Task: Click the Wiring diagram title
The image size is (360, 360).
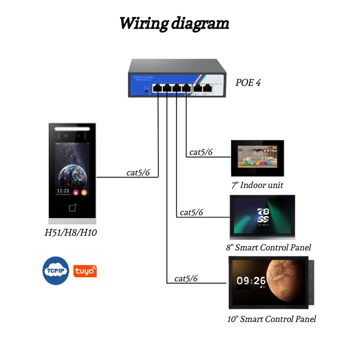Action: click(x=174, y=23)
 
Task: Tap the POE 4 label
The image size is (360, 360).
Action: click(x=248, y=82)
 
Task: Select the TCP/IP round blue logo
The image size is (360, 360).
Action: click(x=55, y=271)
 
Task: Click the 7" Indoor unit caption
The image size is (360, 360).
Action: click(x=257, y=185)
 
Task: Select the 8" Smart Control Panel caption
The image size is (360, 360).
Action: click(x=268, y=247)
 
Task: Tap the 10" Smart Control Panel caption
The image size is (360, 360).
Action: click(x=271, y=318)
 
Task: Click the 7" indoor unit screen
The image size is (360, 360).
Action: click(x=257, y=157)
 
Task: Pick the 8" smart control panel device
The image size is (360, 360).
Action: click(x=261, y=216)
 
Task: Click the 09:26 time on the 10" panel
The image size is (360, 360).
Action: click(x=251, y=281)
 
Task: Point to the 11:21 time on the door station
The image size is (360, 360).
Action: click(x=63, y=191)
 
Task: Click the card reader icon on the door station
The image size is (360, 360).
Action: click(x=72, y=207)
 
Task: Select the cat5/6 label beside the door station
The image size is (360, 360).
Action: click(x=138, y=172)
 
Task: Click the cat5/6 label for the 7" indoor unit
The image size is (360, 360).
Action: click(x=201, y=152)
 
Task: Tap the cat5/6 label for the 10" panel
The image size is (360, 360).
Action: click(x=186, y=278)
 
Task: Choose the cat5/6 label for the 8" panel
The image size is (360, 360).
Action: click(x=191, y=212)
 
